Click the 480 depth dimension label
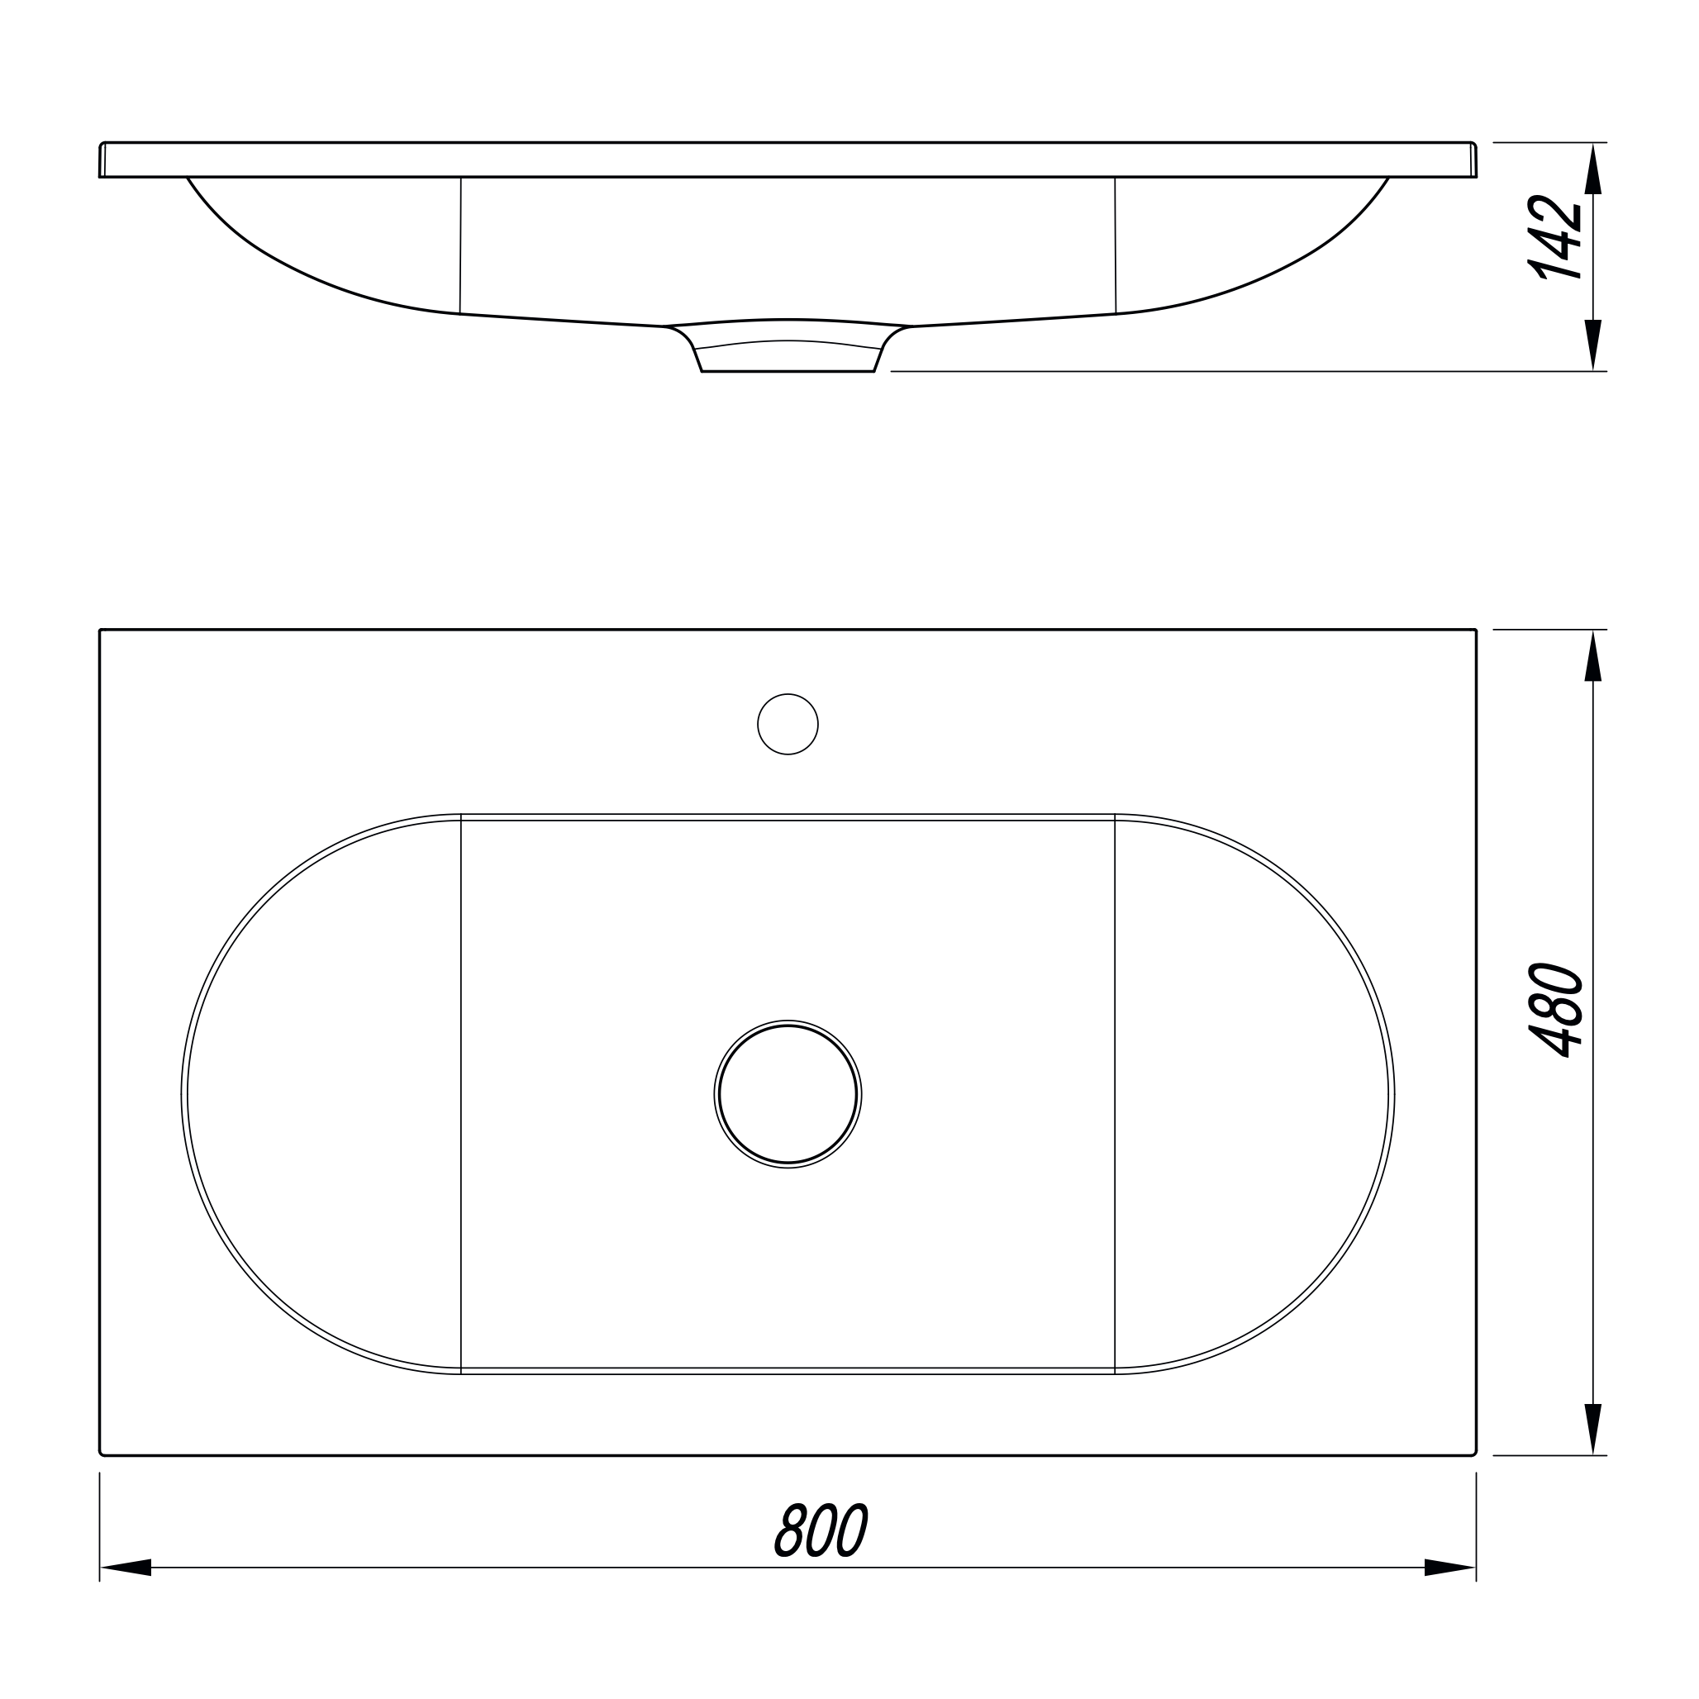1558,1011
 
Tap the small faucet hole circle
788,724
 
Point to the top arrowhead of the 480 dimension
1592,656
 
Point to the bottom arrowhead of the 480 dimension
1592,1429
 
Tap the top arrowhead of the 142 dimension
1592,169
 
